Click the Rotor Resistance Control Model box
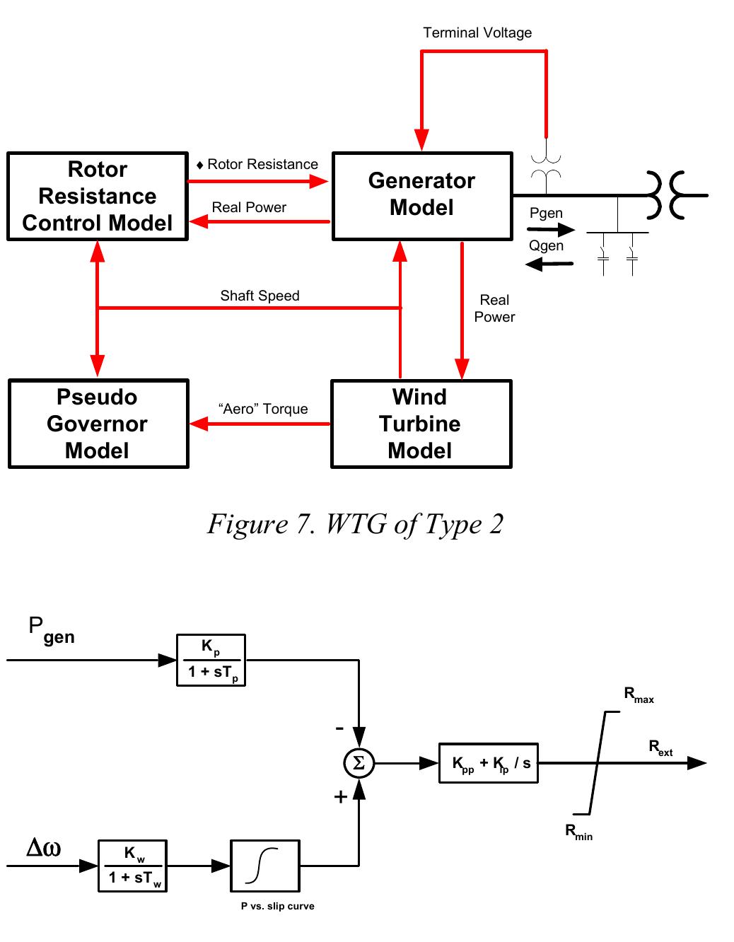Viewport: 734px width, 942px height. pos(98,197)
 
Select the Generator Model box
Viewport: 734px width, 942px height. pos(422,195)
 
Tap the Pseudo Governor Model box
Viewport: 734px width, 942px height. pos(98,424)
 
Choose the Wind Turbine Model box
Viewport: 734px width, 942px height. pos(421,424)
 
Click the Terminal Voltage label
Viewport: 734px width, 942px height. pos(477,33)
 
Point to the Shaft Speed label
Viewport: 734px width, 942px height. pos(260,296)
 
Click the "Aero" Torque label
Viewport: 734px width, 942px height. pos(263,409)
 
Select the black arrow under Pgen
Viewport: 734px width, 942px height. pos(551,229)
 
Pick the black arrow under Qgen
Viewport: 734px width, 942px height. pos(549,264)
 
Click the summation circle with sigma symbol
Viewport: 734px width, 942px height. pos(359,763)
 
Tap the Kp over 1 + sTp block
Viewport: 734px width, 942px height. pos(211,660)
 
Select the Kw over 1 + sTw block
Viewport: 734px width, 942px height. pos(133,866)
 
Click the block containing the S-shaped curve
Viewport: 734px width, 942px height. pos(265,866)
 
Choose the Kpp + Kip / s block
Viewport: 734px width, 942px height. pos(489,763)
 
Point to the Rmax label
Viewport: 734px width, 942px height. pos(639,694)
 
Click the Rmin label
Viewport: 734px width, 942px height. pos(578,832)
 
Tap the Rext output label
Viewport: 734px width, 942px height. pos(660,747)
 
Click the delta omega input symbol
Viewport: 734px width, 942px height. pos(43,847)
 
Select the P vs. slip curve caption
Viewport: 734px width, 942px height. pos(277,906)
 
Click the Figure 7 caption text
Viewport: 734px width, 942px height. pos(355,525)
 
